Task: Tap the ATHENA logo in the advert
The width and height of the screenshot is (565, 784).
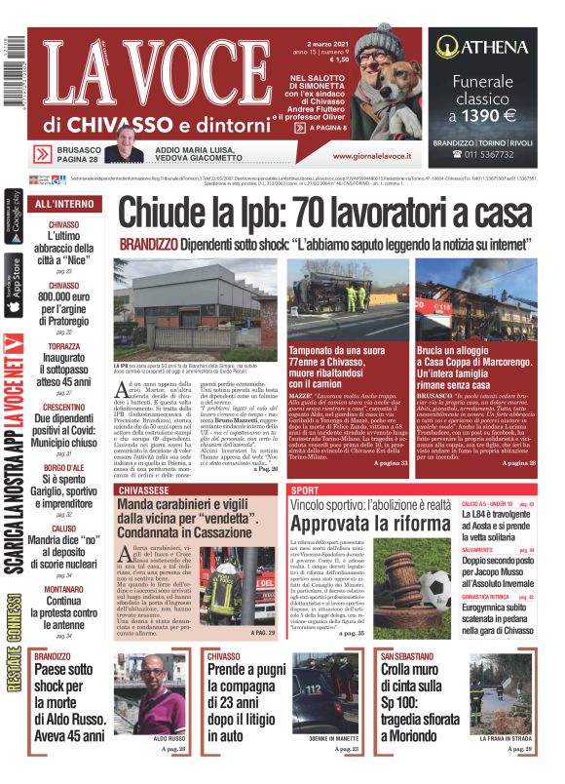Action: [486, 46]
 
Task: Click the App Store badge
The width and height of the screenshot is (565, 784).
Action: [11, 286]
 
